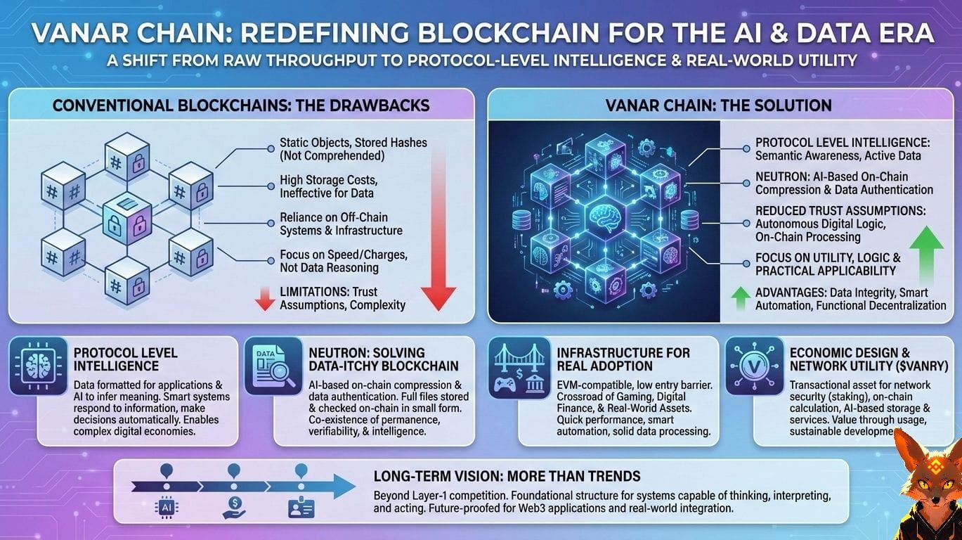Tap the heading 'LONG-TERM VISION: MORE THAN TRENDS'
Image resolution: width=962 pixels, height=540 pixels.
point(507,477)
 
